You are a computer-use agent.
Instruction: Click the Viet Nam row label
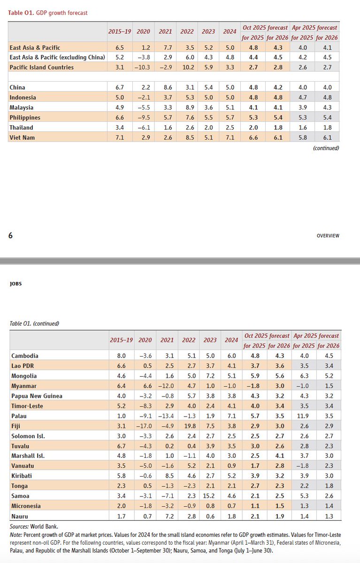coord(22,137)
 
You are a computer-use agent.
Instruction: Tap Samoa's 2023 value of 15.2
coord(209,495)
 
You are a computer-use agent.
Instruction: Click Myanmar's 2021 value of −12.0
coord(164,386)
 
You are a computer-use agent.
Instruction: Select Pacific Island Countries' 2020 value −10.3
coord(143,68)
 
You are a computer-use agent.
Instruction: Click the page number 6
coord(10,236)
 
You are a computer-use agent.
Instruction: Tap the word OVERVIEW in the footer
coord(328,236)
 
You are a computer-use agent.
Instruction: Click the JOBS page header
coord(15,283)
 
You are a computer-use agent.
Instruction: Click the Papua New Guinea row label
coord(36,396)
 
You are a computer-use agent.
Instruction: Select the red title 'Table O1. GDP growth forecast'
coord(48,13)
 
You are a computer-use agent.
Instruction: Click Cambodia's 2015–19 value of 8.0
coord(121,356)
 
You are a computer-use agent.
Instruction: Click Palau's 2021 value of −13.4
coord(164,416)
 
